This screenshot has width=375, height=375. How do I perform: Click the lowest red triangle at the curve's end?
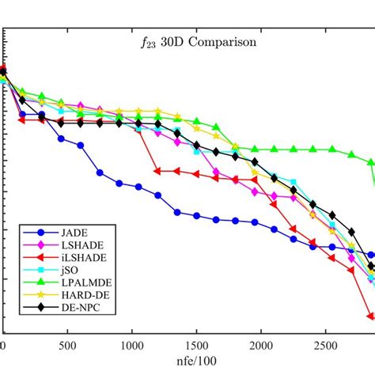click(x=370, y=316)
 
